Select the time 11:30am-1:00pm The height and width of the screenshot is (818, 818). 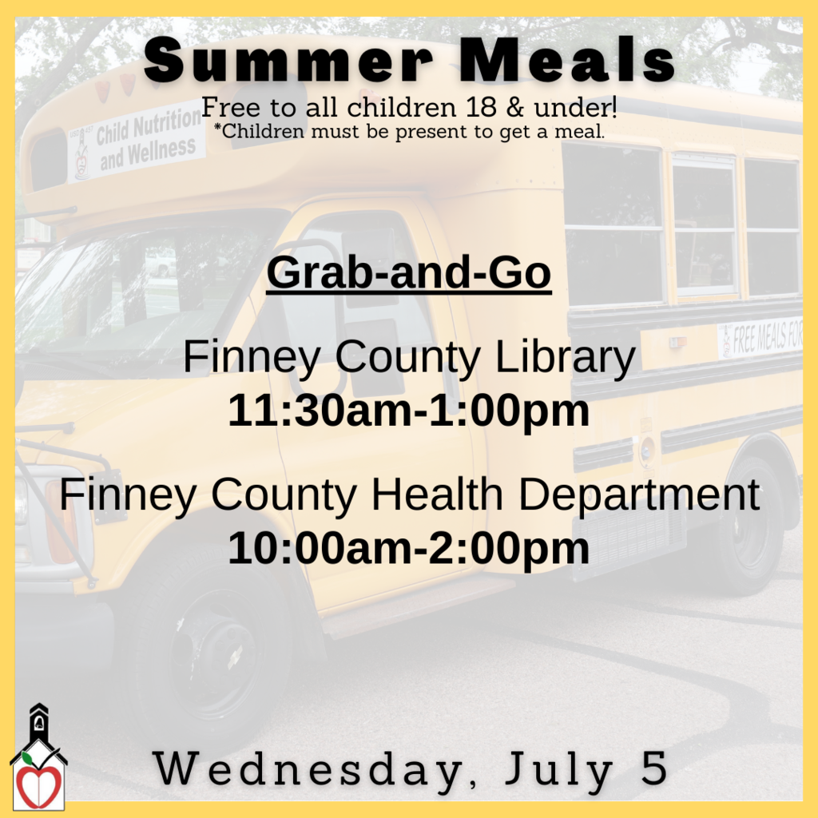[408, 411]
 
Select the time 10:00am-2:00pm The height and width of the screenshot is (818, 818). [408, 549]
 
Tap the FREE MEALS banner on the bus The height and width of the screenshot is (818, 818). [760, 339]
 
